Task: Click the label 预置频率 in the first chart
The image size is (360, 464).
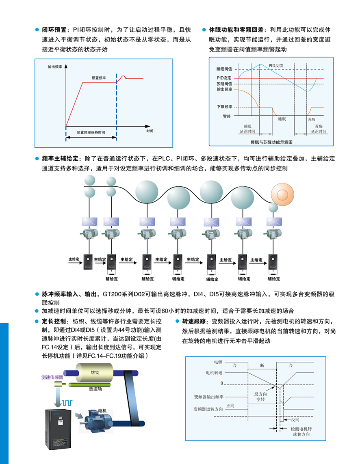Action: pyautogui.click(x=99, y=77)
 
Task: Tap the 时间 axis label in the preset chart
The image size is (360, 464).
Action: pyautogui.click(x=150, y=131)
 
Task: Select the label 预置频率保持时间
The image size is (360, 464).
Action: pyautogui.click(x=91, y=132)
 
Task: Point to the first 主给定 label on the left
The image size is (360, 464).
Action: pyautogui.click(x=74, y=259)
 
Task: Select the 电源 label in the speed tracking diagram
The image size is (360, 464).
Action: pyautogui.click(x=218, y=361)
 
